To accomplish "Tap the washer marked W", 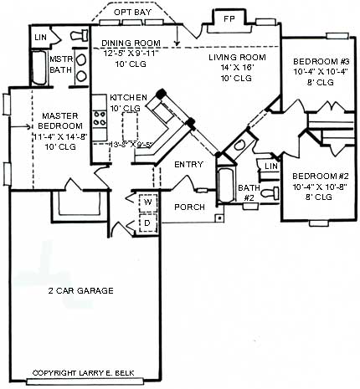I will pos(146,202).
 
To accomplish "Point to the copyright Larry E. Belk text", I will pos(89,373).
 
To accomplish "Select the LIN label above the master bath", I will pos(39,38).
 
